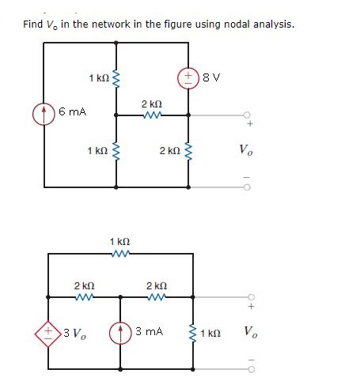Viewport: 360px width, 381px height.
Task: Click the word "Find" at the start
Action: click(35, 24)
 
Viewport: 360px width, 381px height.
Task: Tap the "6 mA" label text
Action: click(72, 113)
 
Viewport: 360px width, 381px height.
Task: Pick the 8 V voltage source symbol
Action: click(188, 78)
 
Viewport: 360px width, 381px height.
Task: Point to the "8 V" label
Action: click(211, 78)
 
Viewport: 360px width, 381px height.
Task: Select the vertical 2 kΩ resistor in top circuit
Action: click(188, 150)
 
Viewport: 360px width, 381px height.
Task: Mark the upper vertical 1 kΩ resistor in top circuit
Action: click(117, 78)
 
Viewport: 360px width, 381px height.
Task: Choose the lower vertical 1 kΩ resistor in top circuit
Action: click(117, 150)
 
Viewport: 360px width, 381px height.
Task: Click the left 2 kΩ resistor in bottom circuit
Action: click(84, 297)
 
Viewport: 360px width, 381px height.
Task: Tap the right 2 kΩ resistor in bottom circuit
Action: click(156, 297)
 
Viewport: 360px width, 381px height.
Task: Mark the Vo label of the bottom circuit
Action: click(250, 330)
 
